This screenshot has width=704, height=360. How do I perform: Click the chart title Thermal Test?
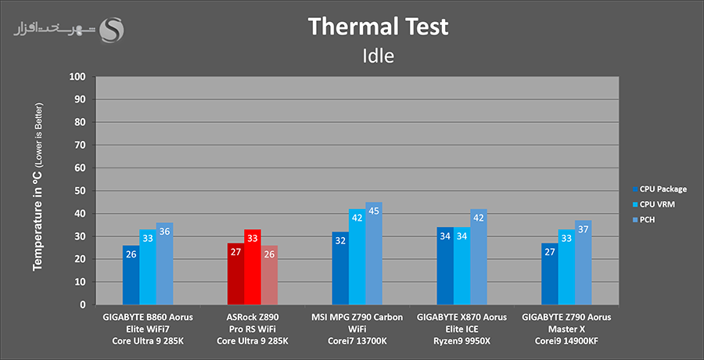[378, 27]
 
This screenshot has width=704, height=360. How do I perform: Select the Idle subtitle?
[378, 56]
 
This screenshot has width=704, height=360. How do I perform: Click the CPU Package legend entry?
[662, 189]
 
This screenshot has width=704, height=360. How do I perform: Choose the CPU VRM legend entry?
[657, 204]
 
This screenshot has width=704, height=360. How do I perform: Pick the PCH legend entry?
[648, 220]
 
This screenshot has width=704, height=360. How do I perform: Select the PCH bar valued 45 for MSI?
[373, 254]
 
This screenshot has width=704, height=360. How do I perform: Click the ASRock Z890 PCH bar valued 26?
[268, 275]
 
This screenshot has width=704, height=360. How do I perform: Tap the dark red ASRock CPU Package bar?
[235, 275]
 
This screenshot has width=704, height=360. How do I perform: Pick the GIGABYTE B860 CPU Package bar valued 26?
[131, 275]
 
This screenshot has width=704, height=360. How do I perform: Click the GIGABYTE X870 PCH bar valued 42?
[478, 257]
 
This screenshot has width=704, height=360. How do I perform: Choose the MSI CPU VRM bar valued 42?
[357, 257]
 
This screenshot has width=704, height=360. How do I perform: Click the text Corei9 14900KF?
[566, 341]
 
